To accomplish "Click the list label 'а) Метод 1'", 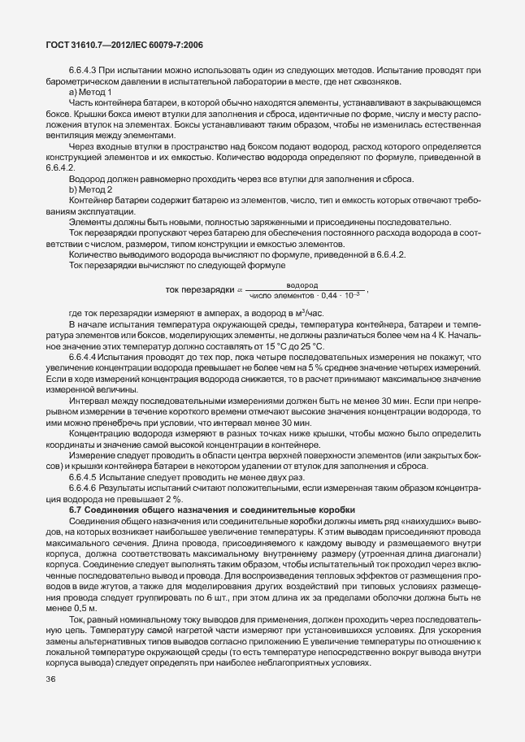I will (90, 93).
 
